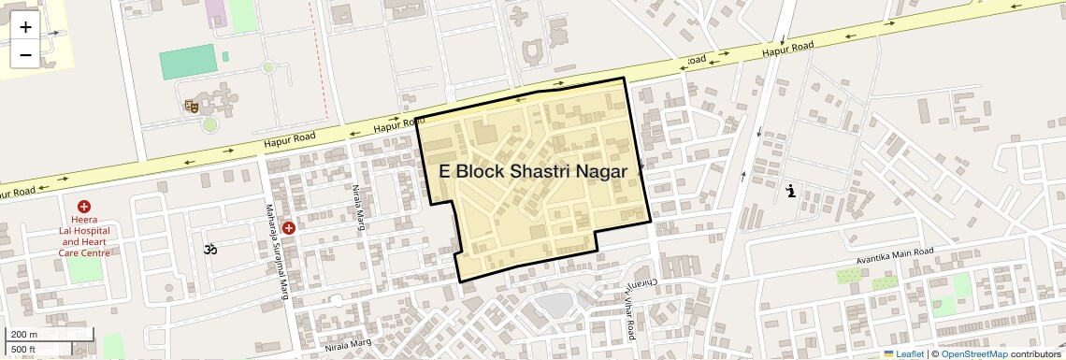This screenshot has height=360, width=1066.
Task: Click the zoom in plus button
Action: pyautogui.click(x=25, y=27)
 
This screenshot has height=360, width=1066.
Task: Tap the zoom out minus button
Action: pyautogui.click(x=25, y=54)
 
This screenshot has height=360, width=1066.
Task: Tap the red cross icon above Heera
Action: pyautogui.click(x=84, y=206)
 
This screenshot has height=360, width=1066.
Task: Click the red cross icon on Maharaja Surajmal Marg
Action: pyautogui.click(x=289, y=228)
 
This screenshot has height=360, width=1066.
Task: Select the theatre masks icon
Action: pyautogui.click(x=192, y=107)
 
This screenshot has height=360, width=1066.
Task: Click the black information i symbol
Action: pyautogui.click(x=792, y=192)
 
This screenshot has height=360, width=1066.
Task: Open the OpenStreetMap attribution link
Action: pyautogui.click(x=974, y=353)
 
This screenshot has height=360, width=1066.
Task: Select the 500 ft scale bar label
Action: pyautogui.click(x=24, y=349)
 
